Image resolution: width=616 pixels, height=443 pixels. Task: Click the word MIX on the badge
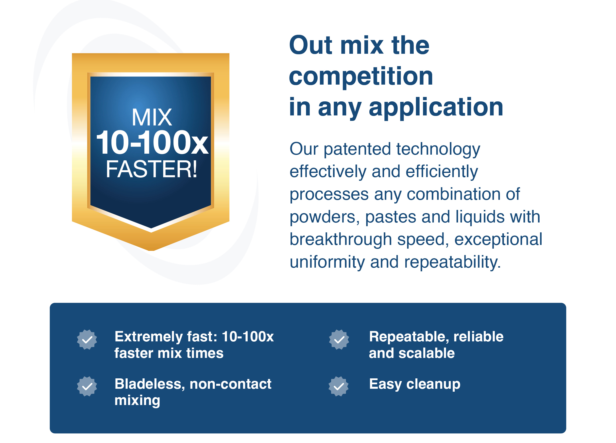click(x=152, y=117)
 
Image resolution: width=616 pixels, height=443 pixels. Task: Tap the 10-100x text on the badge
click(x=152, y=143)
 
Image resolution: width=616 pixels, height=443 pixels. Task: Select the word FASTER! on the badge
click(x=152, y=169)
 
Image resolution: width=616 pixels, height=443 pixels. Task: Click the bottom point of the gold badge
click(x=152, y=250)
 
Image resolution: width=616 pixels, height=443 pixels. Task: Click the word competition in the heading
click(x=361, y=77)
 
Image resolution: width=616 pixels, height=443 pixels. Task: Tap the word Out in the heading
click(x=311, y=45)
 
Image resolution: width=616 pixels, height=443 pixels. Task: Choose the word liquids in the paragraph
click(x=480, y=217)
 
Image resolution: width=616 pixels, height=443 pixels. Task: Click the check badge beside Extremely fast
click(x=87, y=340)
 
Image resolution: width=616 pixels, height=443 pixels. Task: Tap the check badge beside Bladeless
click(x=87, y=387)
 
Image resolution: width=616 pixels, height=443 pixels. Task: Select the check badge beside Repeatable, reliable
click(x=339, y=340)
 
